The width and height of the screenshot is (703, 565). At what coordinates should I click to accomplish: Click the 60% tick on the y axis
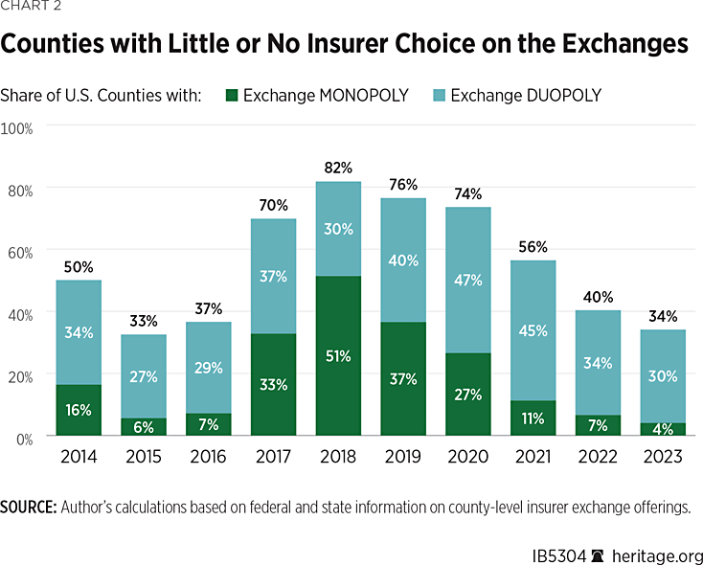(21, 252)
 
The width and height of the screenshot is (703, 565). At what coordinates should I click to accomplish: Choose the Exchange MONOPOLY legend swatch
(232, 96)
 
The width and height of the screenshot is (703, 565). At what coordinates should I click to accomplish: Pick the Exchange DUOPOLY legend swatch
(438, 96)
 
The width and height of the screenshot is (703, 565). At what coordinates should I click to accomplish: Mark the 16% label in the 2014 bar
(78, 410)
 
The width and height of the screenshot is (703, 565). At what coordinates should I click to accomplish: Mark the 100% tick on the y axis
(18, 127)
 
